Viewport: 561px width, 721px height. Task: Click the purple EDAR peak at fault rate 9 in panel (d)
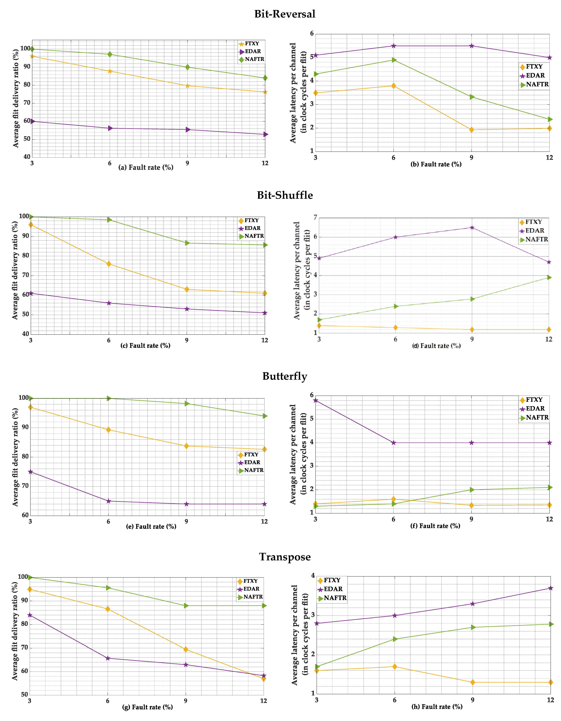(x=472, y=227)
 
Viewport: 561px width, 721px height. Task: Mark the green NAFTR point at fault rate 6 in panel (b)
(x=394, y=60)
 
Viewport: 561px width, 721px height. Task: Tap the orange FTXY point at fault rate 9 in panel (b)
(x=472, y=130)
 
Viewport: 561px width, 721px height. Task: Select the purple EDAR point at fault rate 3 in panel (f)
(x=316, y=400)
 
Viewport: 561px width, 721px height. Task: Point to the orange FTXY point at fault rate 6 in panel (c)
(x=109, y=264)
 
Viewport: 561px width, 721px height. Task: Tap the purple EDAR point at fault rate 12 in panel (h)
(x=550, y=588)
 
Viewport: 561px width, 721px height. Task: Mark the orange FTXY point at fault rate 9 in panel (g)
(x=186, y=649)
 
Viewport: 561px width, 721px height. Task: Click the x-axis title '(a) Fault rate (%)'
(x=146, y=167)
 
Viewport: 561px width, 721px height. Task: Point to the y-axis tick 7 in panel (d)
(x=315, y=217)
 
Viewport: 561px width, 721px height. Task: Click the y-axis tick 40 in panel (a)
(x=27, y=157)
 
